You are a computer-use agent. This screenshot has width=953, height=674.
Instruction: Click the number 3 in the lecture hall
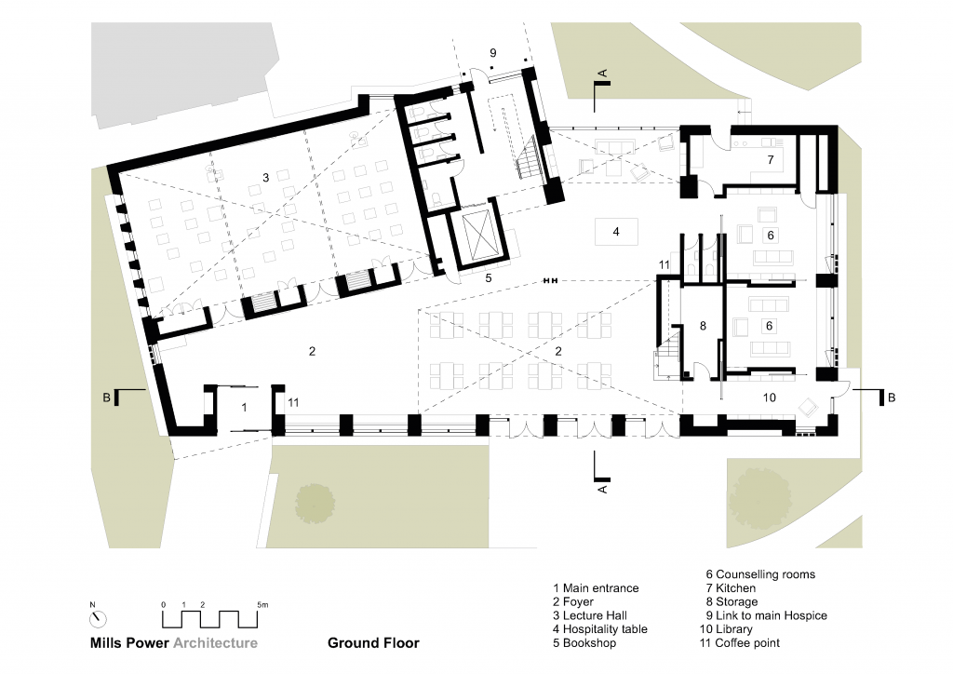pos(265,178)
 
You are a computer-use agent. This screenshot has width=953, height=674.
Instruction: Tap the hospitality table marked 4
pos(616,232)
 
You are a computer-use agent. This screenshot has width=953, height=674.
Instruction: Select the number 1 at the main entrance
pos(245,407)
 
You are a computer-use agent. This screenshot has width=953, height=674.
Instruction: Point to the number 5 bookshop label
pos(488,278)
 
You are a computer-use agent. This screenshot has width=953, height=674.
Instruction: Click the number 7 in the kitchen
pos(770,160)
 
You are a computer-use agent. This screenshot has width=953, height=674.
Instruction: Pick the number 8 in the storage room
pos(703,326)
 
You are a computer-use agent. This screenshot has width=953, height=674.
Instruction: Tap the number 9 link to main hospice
pos(493,53)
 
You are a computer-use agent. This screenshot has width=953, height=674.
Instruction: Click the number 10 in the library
pos(770,398)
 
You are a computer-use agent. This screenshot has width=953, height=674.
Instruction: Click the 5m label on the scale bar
pos(262,605)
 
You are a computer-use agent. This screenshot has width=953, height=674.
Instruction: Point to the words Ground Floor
pos(373,643)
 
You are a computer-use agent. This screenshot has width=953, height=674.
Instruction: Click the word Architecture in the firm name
pos(215,643)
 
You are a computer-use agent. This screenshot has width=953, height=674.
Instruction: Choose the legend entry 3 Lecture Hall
pos(589,615)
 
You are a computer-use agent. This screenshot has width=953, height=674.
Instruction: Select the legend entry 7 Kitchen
pos(731,588)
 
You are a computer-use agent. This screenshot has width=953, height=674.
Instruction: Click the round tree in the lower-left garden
pos(315,504)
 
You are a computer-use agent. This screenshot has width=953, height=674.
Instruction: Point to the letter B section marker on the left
pos(107,398)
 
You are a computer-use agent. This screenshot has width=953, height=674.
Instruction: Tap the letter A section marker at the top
pos(603,74)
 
